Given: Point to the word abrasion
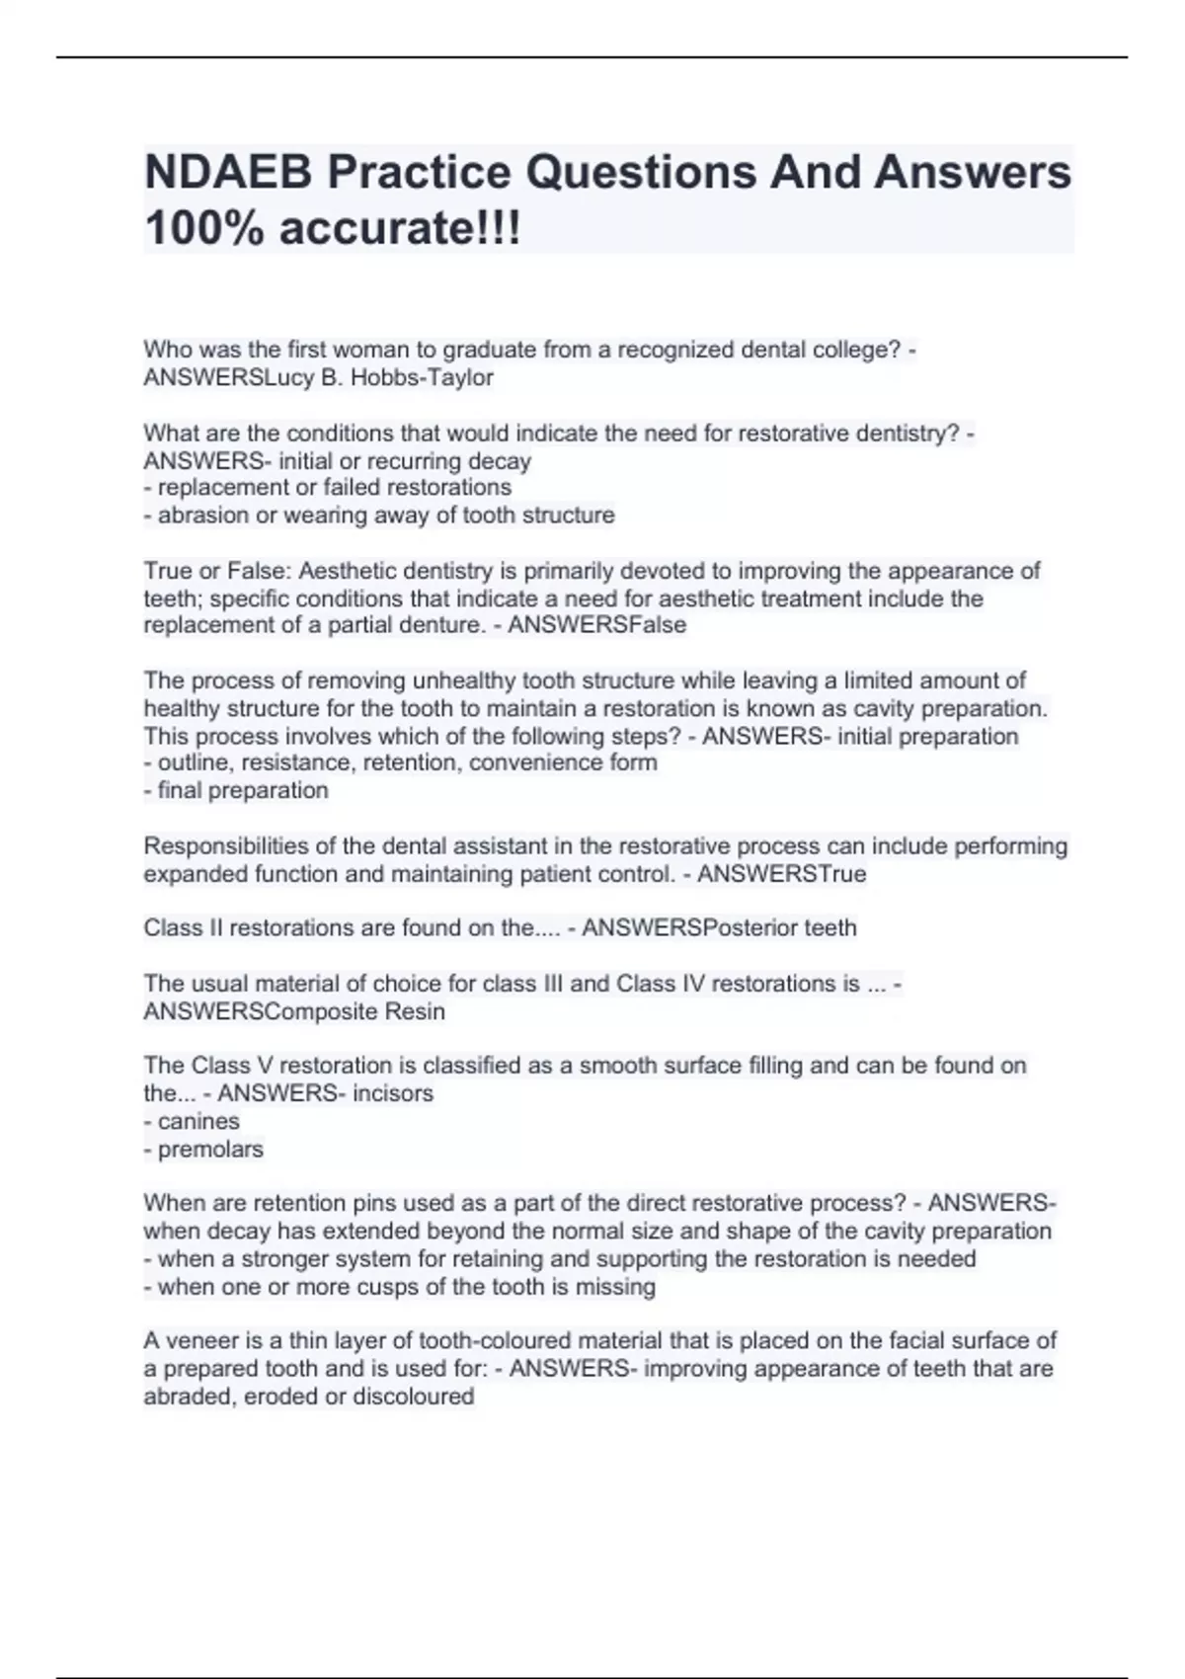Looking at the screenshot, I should pyautogui.click(x=203, y=515).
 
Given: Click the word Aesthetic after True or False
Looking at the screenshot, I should pyautogui.click(x=345, y=571).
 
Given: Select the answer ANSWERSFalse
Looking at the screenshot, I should pyautogui.click(x=596, y=625).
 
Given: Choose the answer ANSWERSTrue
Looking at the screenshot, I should pyautogui.click(x=781, y=874).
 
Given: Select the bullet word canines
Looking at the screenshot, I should pyautogui.click(x=198, y=1122).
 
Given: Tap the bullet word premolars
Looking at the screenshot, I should pyautogui.click(x=210, y=1150).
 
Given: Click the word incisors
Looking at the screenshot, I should pyautogui.click(x=393, y=1093).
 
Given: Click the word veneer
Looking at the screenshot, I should pyautogui.click(x=202, y=1341).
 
